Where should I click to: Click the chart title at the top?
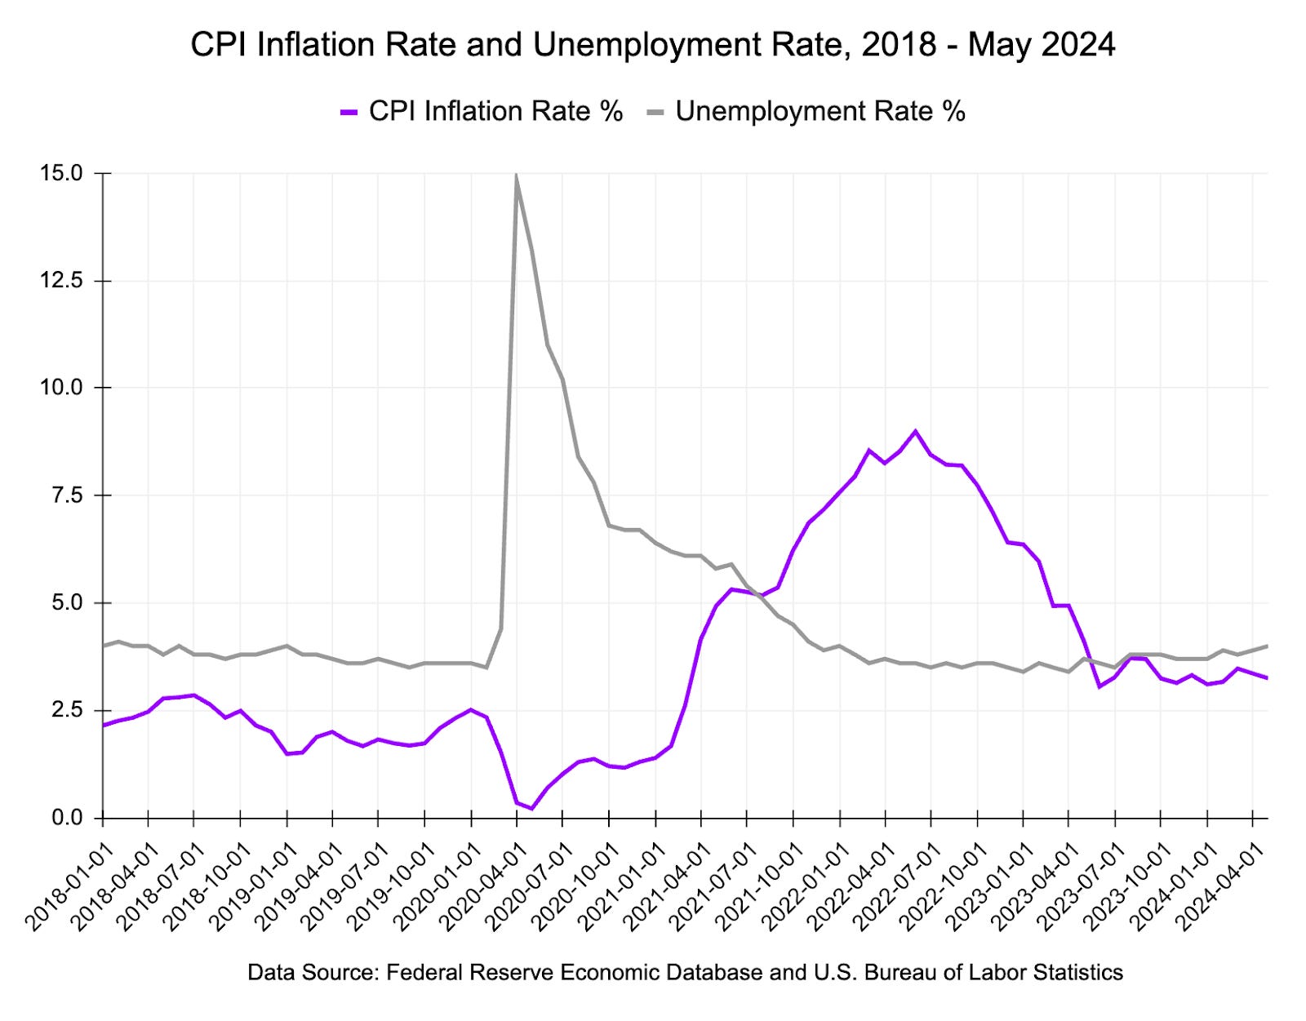click(652, 44)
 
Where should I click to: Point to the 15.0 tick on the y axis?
click(61, 173)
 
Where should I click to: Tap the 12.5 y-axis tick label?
click(61, 281)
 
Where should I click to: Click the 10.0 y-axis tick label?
click(61, 388)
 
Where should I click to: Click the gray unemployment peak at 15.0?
click(516, 175)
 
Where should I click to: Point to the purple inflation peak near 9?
click(915, 431)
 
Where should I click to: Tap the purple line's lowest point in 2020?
click(531, 808)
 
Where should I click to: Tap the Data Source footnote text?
click(685, 972)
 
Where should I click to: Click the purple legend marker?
click(349, 112)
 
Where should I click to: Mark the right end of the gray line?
click(1267, 646)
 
